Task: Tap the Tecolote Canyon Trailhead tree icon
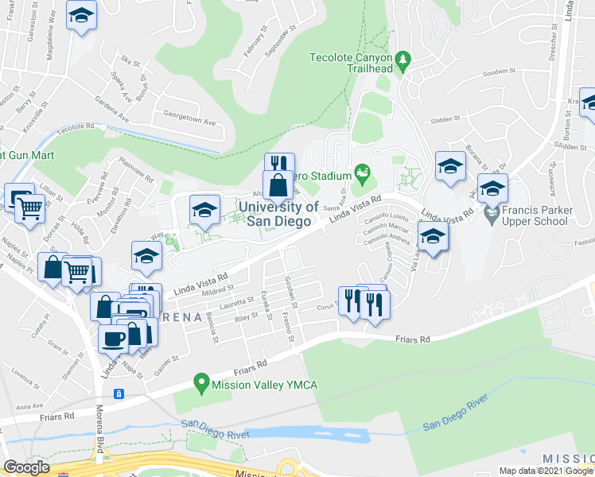point(403,59)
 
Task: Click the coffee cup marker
point(111,337)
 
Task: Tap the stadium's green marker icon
point(363,171)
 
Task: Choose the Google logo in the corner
point(26,467)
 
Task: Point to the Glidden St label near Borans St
point(446,119)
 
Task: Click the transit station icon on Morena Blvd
point(119,394)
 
